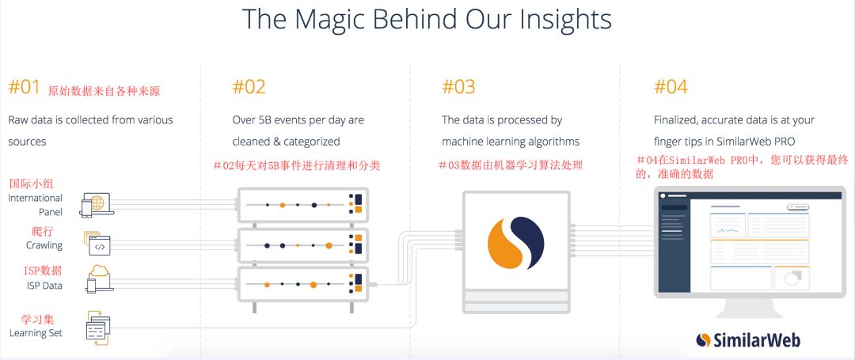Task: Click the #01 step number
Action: pyautogui.click(x=24, y=86)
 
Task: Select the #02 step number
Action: pyautogui.click(x=249, y=86)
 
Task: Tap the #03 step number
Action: pyautogui.click(x=458, y=86)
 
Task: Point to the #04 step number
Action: pyautogui.click(x=671, y=86)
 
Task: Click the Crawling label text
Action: pyautogui.click(x=44, y=245)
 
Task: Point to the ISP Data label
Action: pyautogui.click(x=44, y=286)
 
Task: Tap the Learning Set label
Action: pyautogui.click(x=36, y=333)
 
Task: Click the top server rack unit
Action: pyautogui.click(x=302, y=205)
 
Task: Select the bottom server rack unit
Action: pyautogui.click(x=302, y=284)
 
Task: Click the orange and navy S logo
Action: pyautogui.click(x=516, y=244)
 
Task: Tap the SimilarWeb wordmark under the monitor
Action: pyautogui.click(x=748, y=340)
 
